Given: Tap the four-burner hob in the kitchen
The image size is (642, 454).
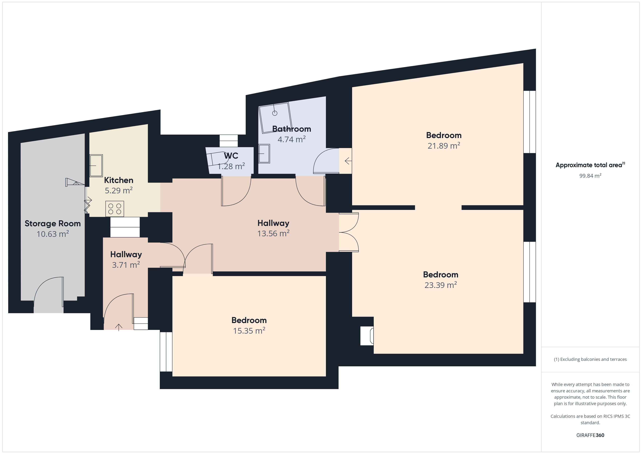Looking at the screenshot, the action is click(x=115, y=209).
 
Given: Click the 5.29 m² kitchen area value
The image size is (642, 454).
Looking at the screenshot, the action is click(x=119, y=191).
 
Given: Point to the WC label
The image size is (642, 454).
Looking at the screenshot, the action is click(x=231, y=156).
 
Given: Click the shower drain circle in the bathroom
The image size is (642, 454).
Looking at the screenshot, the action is click(x=275, y=113).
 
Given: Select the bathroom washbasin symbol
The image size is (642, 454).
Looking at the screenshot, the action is click(x=264, y=154).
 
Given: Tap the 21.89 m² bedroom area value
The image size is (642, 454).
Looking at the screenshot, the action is click(x=444, y=146).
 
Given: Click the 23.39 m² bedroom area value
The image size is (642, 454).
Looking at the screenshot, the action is click(x=441, y=285).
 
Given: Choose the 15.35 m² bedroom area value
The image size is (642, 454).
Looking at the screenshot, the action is click(x=249, y=331).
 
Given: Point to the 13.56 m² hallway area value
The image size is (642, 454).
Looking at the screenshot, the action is click(x=273, y=233).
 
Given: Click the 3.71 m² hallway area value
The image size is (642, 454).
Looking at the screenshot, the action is click(x=126, y=265).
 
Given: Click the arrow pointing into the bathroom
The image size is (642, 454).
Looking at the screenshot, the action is click(x=348, y=161).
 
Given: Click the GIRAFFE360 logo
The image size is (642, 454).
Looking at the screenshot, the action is click(x=590, y=435).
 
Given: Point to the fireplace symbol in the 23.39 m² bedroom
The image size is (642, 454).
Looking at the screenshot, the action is click(x=367, y=336).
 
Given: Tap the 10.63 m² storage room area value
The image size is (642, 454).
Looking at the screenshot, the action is click(x=53, y=234).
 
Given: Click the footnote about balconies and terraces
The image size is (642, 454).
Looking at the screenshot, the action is click(x=590, y=359).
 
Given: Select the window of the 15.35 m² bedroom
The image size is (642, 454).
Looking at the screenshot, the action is click(x=166, y=352).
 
